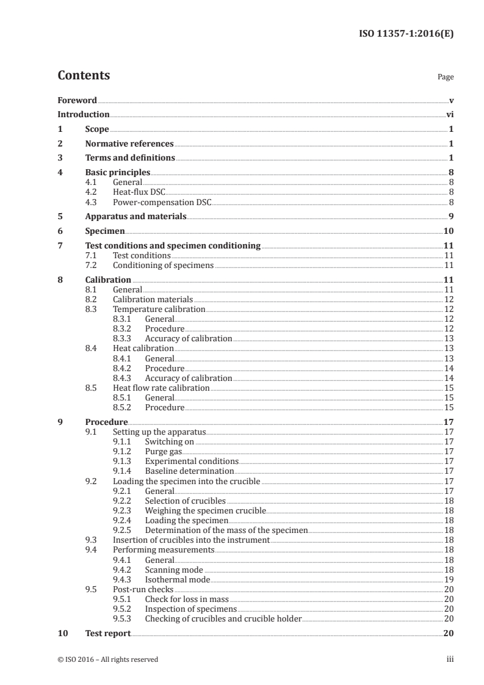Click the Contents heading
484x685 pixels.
click(x=84, y=76)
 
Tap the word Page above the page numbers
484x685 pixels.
click(x=446, y=78)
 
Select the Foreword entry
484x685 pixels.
click(x=77, y=100)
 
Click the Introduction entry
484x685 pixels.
click(x=83, y=114)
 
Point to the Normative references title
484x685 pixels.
click(x=129, y=144)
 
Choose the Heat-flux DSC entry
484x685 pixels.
click(x=139, y=192)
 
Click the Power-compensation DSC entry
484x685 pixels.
click(x=162, y=201)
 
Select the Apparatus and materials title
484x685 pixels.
click(x=135, y=216)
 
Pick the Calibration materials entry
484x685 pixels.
click(x=153, y=299)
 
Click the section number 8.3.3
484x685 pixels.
click(x=124, y=338)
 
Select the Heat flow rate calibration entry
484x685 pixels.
click(x=161, y=388)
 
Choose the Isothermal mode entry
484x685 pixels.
click(x=177, y=579)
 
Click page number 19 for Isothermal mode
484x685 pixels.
click(x=448, y=579)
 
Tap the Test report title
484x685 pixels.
click(x=108, y=633)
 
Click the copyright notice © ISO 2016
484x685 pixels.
click(x=107, y=659)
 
